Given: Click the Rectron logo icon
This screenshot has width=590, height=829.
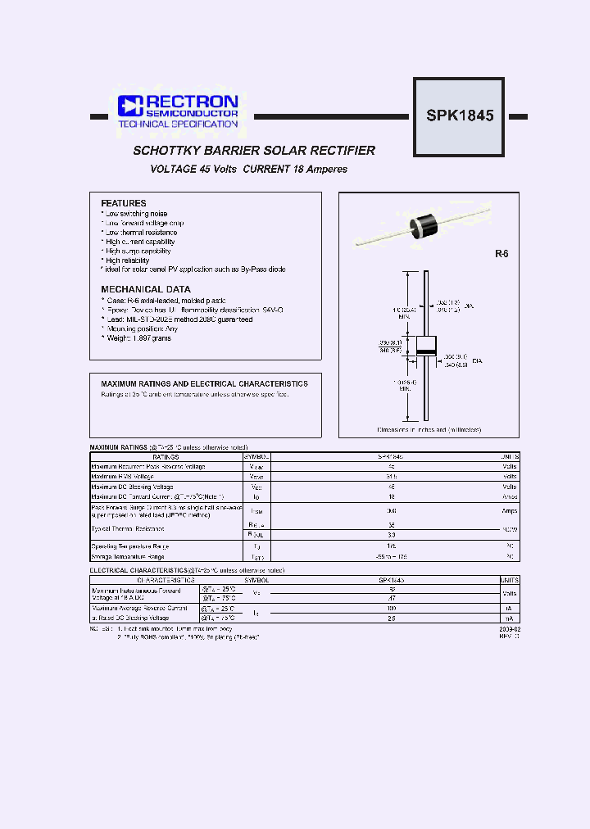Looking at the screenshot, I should click(130, 106).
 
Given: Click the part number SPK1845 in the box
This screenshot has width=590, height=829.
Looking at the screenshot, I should click(460, 116).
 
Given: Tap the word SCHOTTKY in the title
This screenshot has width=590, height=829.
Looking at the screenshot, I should click(161, 151).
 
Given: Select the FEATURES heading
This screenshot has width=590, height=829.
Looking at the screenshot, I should click(124, 203).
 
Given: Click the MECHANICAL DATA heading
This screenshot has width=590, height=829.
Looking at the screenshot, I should click(146, 289).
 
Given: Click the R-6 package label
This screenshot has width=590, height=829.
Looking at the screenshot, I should click(501, 254).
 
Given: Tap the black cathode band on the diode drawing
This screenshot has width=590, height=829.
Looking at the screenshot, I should click(425, 351).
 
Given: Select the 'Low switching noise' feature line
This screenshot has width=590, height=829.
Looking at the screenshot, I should click(137, 214).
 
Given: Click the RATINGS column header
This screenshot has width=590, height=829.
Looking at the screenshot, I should click(166, 456).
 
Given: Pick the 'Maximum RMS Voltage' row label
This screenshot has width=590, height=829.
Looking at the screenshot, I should click(122, 476).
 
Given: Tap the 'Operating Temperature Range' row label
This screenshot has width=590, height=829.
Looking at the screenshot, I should click(131, 546).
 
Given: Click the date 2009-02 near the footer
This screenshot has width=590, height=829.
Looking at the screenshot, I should click(508, 627).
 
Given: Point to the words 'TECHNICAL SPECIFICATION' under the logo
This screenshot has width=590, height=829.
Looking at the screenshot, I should click(178, 124).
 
